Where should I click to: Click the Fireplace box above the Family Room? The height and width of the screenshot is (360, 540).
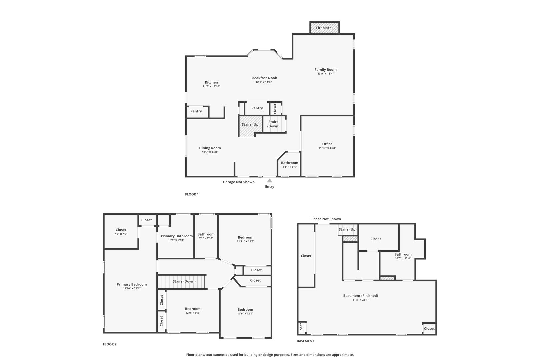click(x=324, y=28)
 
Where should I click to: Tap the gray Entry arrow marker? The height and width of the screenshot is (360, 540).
click(x=269, y=181)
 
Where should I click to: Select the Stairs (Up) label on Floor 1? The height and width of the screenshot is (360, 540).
click(x=251, y=125)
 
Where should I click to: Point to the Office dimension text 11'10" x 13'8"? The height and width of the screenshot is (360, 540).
click(x=327, y=148)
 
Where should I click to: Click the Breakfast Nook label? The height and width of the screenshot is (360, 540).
click(x=264, y=78)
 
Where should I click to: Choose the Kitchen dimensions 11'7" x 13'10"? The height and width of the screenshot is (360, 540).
click(x=211, y=86)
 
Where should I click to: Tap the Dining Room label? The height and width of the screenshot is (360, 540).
click(x=210, y=148)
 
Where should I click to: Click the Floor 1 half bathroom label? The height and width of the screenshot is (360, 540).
click(x=289, y=163)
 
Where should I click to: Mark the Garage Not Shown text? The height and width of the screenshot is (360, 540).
click(x=239, y=182)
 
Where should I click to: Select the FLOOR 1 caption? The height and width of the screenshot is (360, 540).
click(x=192, y=194)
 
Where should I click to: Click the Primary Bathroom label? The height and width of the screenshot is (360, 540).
click(x=177, y=236)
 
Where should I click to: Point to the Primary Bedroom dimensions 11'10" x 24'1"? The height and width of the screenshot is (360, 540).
click(x=132, y=288)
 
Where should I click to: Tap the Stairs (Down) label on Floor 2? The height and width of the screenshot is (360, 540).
click(x=184, y=281)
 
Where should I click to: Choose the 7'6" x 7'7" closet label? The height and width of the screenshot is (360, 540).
click(x=121, y=234)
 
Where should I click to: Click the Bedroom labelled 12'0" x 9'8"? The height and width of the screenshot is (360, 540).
click(x=193, y=309)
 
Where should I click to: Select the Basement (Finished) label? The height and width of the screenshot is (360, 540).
click(x=361, y=296)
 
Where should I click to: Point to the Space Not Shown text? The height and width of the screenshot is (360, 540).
click(x=326, y=219)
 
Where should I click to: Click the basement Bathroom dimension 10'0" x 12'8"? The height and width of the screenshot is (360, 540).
click(x=403, y=258)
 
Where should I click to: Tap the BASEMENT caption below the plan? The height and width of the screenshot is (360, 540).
click(x=305, y=341)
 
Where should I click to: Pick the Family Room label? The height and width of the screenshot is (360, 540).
click(x=326, y=70)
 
